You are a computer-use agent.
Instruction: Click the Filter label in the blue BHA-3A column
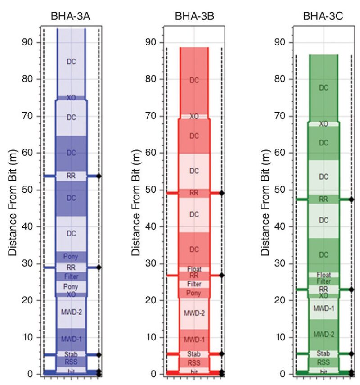71,276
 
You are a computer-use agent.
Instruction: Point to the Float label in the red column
194,269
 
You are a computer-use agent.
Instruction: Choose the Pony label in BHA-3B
194,293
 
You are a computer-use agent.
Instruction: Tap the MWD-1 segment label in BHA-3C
324,308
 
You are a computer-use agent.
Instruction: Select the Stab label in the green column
324,353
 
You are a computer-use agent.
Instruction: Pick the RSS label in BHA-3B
194,363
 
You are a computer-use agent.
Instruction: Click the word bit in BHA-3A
71,371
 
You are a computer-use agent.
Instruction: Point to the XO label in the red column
194,116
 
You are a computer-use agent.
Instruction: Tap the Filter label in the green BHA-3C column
324,281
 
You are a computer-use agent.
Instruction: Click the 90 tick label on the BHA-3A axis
28,42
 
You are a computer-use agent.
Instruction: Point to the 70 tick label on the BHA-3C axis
281,116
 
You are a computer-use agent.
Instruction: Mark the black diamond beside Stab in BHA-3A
99,355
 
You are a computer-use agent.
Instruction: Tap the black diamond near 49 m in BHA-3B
221,193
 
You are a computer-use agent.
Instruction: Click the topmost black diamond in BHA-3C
351,199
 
